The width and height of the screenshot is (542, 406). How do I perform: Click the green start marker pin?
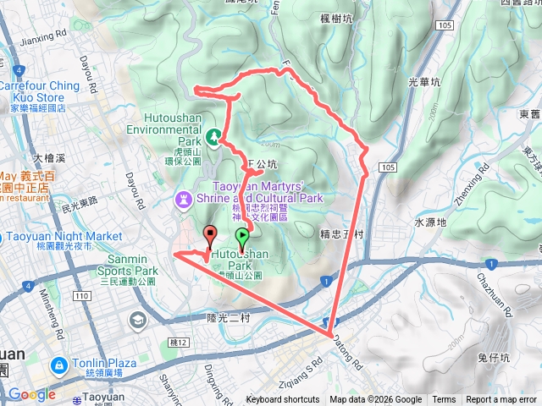click(242, 239)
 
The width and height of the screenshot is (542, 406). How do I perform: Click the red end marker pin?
click(209, 236)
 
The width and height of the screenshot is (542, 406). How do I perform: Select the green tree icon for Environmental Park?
click(214, 135)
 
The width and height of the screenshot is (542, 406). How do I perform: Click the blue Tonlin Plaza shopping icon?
click(58, 365)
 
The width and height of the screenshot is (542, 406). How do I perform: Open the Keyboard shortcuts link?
click(283, 400)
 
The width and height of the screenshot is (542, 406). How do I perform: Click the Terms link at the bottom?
click(444, 400)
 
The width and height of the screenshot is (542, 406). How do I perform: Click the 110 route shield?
click(81, 297)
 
